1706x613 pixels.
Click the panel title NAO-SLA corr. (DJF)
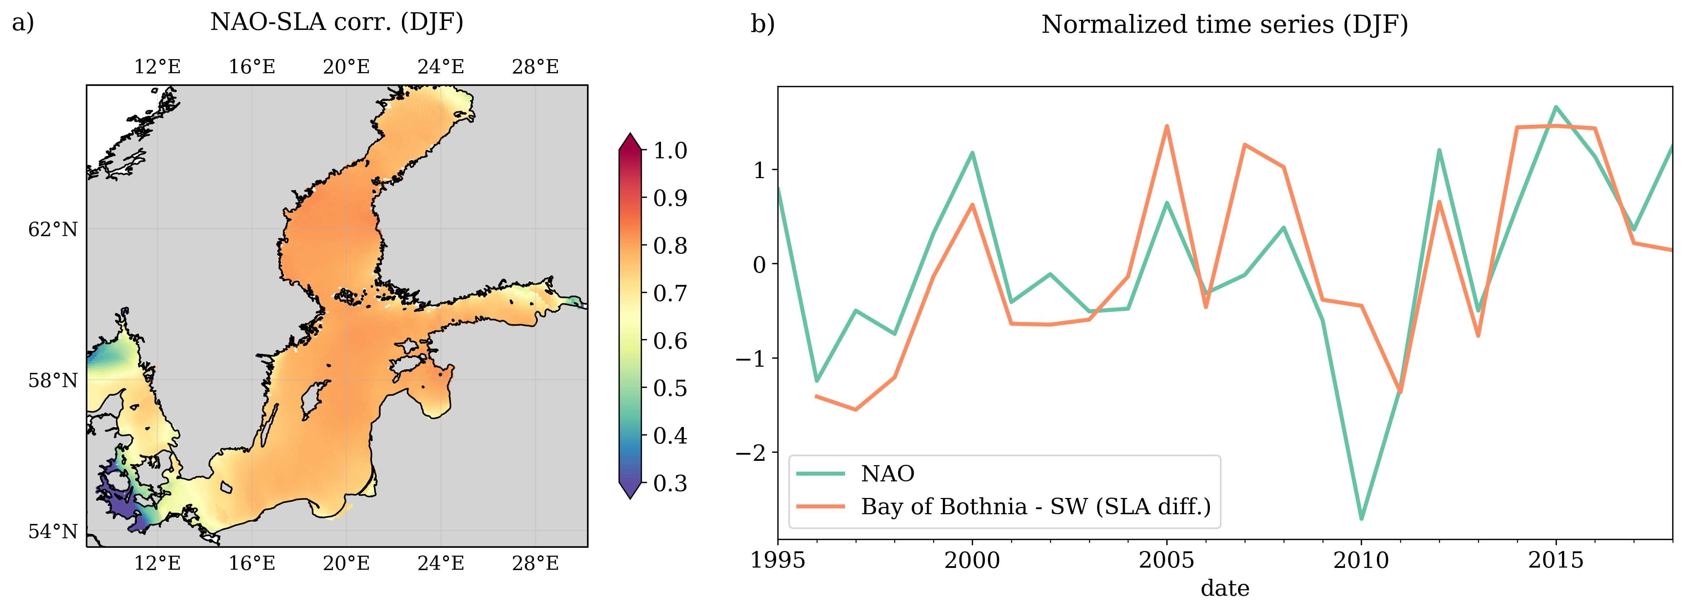pos(336,22)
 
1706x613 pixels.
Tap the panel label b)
pos(762,25)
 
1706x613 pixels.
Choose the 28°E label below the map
pos(535,563)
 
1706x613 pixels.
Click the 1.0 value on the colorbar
pos(670,151)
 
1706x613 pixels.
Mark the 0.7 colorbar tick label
pos(670,293)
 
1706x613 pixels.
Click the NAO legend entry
pos(887,473)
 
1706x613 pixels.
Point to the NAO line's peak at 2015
pos(1556,107)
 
